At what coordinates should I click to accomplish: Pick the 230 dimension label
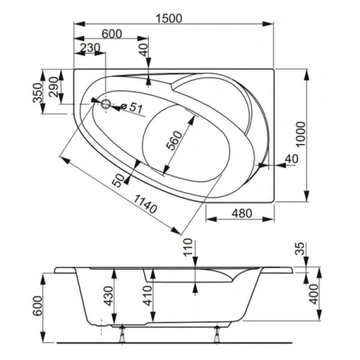90,49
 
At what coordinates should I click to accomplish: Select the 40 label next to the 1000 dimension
289,161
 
